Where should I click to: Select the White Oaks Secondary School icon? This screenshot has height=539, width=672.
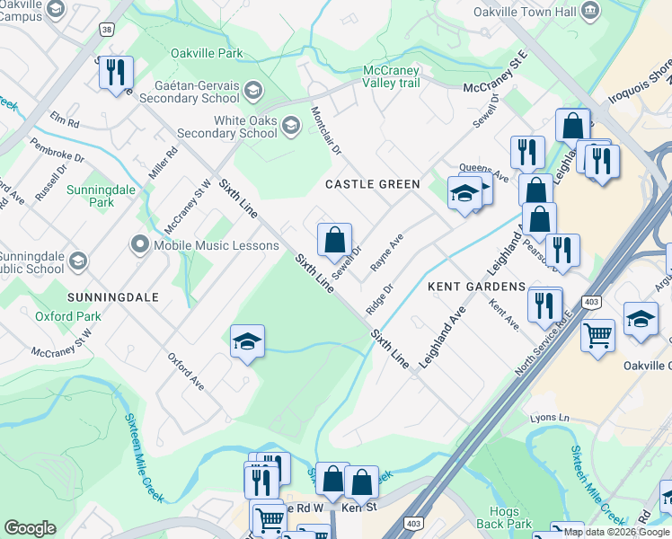click(289, 126)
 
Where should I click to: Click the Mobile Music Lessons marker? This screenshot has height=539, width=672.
click(139, 244)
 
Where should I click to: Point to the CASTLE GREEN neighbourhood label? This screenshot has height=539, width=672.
click(372, 184)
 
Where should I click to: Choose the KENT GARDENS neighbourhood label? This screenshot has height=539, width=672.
click(476, 287)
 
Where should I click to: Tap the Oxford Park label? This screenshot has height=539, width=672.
click(68, 316)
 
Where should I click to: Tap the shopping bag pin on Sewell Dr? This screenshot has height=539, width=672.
click(334, 241)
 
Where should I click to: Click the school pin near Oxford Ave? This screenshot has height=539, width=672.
click(247, 342)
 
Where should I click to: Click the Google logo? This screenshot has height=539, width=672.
click(30, 528)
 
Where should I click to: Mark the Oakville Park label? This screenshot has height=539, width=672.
click(207, 54)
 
